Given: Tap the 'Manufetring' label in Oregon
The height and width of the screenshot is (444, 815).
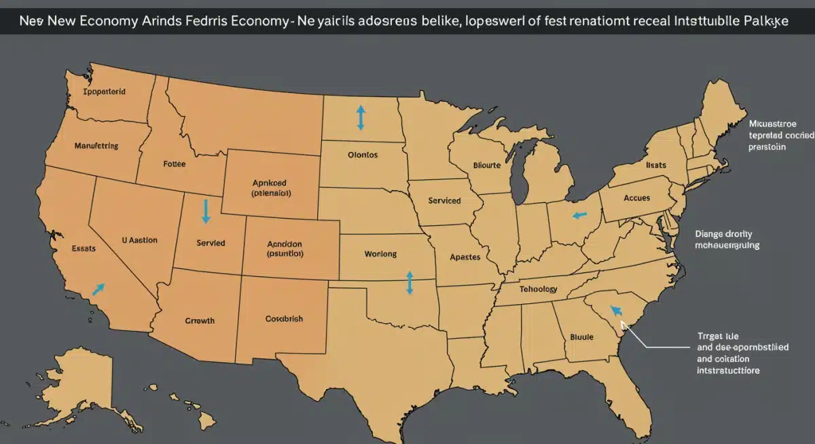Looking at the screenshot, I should (95, 145).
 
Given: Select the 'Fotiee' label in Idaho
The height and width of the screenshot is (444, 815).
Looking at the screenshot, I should (175, 164).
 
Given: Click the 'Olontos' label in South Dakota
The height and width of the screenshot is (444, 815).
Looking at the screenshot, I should (363, 155).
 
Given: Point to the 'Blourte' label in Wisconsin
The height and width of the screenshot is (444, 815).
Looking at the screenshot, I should (486, 164).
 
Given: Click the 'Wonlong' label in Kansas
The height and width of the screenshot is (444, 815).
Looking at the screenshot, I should (380, 254).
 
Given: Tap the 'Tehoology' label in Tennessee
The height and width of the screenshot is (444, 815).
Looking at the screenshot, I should (539, 289).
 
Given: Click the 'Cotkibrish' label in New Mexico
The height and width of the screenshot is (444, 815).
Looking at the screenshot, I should (284, 318).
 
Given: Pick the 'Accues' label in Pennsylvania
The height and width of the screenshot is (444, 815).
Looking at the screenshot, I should (636, 198).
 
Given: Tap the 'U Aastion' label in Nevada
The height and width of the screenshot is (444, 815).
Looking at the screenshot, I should (139, 240).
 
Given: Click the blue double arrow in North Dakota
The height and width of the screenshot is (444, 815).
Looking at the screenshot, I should (360, 118).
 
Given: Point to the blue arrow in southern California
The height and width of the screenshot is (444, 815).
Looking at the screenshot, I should (98, 290).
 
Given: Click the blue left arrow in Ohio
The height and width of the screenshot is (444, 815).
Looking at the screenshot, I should (579, 215).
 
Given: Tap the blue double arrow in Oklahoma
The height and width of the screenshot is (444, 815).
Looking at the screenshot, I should (409, 282).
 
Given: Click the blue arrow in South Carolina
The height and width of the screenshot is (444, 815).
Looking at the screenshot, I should (616, 311).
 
